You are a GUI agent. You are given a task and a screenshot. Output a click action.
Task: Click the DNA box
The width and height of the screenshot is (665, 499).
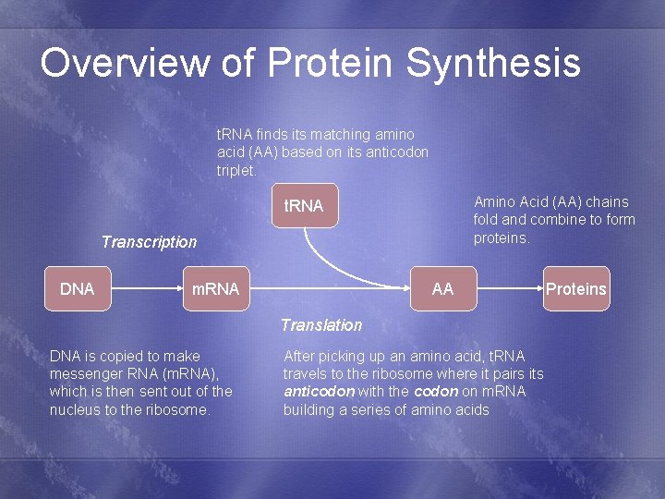78,289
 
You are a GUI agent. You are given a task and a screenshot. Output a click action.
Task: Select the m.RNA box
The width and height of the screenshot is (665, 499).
215,289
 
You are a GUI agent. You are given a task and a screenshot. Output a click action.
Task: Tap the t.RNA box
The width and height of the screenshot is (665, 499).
304,206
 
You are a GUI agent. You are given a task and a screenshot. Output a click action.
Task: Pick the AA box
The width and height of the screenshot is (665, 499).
443,289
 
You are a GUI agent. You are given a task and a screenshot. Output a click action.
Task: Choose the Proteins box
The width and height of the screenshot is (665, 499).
576,289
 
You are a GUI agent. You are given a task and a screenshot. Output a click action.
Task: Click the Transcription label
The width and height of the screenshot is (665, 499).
149,242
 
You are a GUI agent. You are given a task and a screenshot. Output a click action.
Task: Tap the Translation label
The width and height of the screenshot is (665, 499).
321,324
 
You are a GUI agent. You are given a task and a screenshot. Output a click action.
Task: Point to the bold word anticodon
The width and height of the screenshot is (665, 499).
319,392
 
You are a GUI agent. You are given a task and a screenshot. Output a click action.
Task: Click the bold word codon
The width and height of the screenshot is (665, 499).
436,392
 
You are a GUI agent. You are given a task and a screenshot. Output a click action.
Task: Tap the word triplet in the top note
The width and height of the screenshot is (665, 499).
235,170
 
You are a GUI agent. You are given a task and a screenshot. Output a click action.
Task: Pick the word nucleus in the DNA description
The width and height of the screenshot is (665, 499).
76,410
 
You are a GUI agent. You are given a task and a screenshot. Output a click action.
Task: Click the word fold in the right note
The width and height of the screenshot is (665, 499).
487,220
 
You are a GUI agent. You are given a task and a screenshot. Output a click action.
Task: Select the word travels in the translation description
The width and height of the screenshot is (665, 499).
307,373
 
